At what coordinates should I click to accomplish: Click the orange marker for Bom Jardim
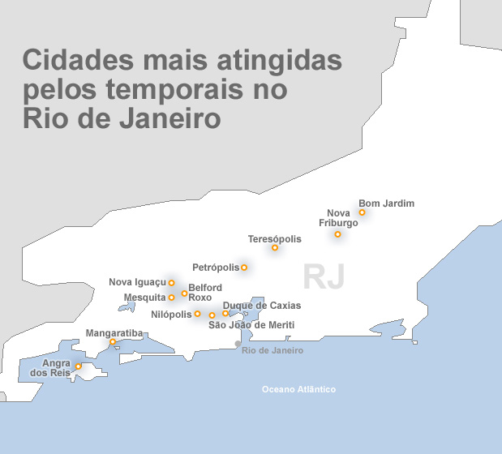coord(362,212)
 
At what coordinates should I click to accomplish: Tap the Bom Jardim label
coord(386,203)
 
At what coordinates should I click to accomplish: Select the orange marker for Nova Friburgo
coord(337,234)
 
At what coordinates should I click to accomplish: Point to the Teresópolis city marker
coord(275,248)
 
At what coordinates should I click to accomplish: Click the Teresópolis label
coord(274,239)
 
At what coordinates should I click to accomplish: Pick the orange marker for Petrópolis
coord(244,268)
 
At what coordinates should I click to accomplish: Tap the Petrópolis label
coord(216,268)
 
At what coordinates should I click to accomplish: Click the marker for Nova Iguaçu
coord(171,283)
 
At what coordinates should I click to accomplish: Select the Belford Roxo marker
coord(185,293)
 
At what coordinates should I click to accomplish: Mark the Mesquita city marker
coord(171,298)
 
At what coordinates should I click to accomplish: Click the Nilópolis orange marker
coord(197,314)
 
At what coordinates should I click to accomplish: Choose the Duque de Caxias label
coord(261,306)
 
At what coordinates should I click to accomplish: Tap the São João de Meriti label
coord(251,325)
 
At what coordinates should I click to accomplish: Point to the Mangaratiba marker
coord(113,342)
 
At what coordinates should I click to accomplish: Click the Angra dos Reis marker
coord(78,366)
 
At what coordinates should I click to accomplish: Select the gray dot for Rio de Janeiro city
coord(238,344)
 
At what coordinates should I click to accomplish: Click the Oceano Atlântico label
coord(298,390)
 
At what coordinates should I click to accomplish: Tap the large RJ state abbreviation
coord(324,276)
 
